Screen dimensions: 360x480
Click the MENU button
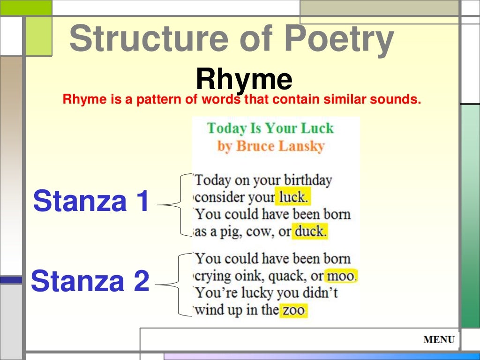click(439, 340)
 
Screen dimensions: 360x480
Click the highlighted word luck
click(292, 197)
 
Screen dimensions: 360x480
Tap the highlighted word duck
click(309, 232)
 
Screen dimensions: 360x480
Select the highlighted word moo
click(341, 276)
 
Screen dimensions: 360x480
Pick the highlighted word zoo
click(293, 310)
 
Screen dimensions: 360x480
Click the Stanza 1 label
click(91, 201)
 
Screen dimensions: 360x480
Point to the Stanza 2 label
click(90, 281)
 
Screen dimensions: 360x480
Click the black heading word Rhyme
click(244, 79)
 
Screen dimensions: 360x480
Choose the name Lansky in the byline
click(301, 146)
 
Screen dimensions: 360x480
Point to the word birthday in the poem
click(308, 180)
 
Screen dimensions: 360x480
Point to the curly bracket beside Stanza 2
click(179, 284)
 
